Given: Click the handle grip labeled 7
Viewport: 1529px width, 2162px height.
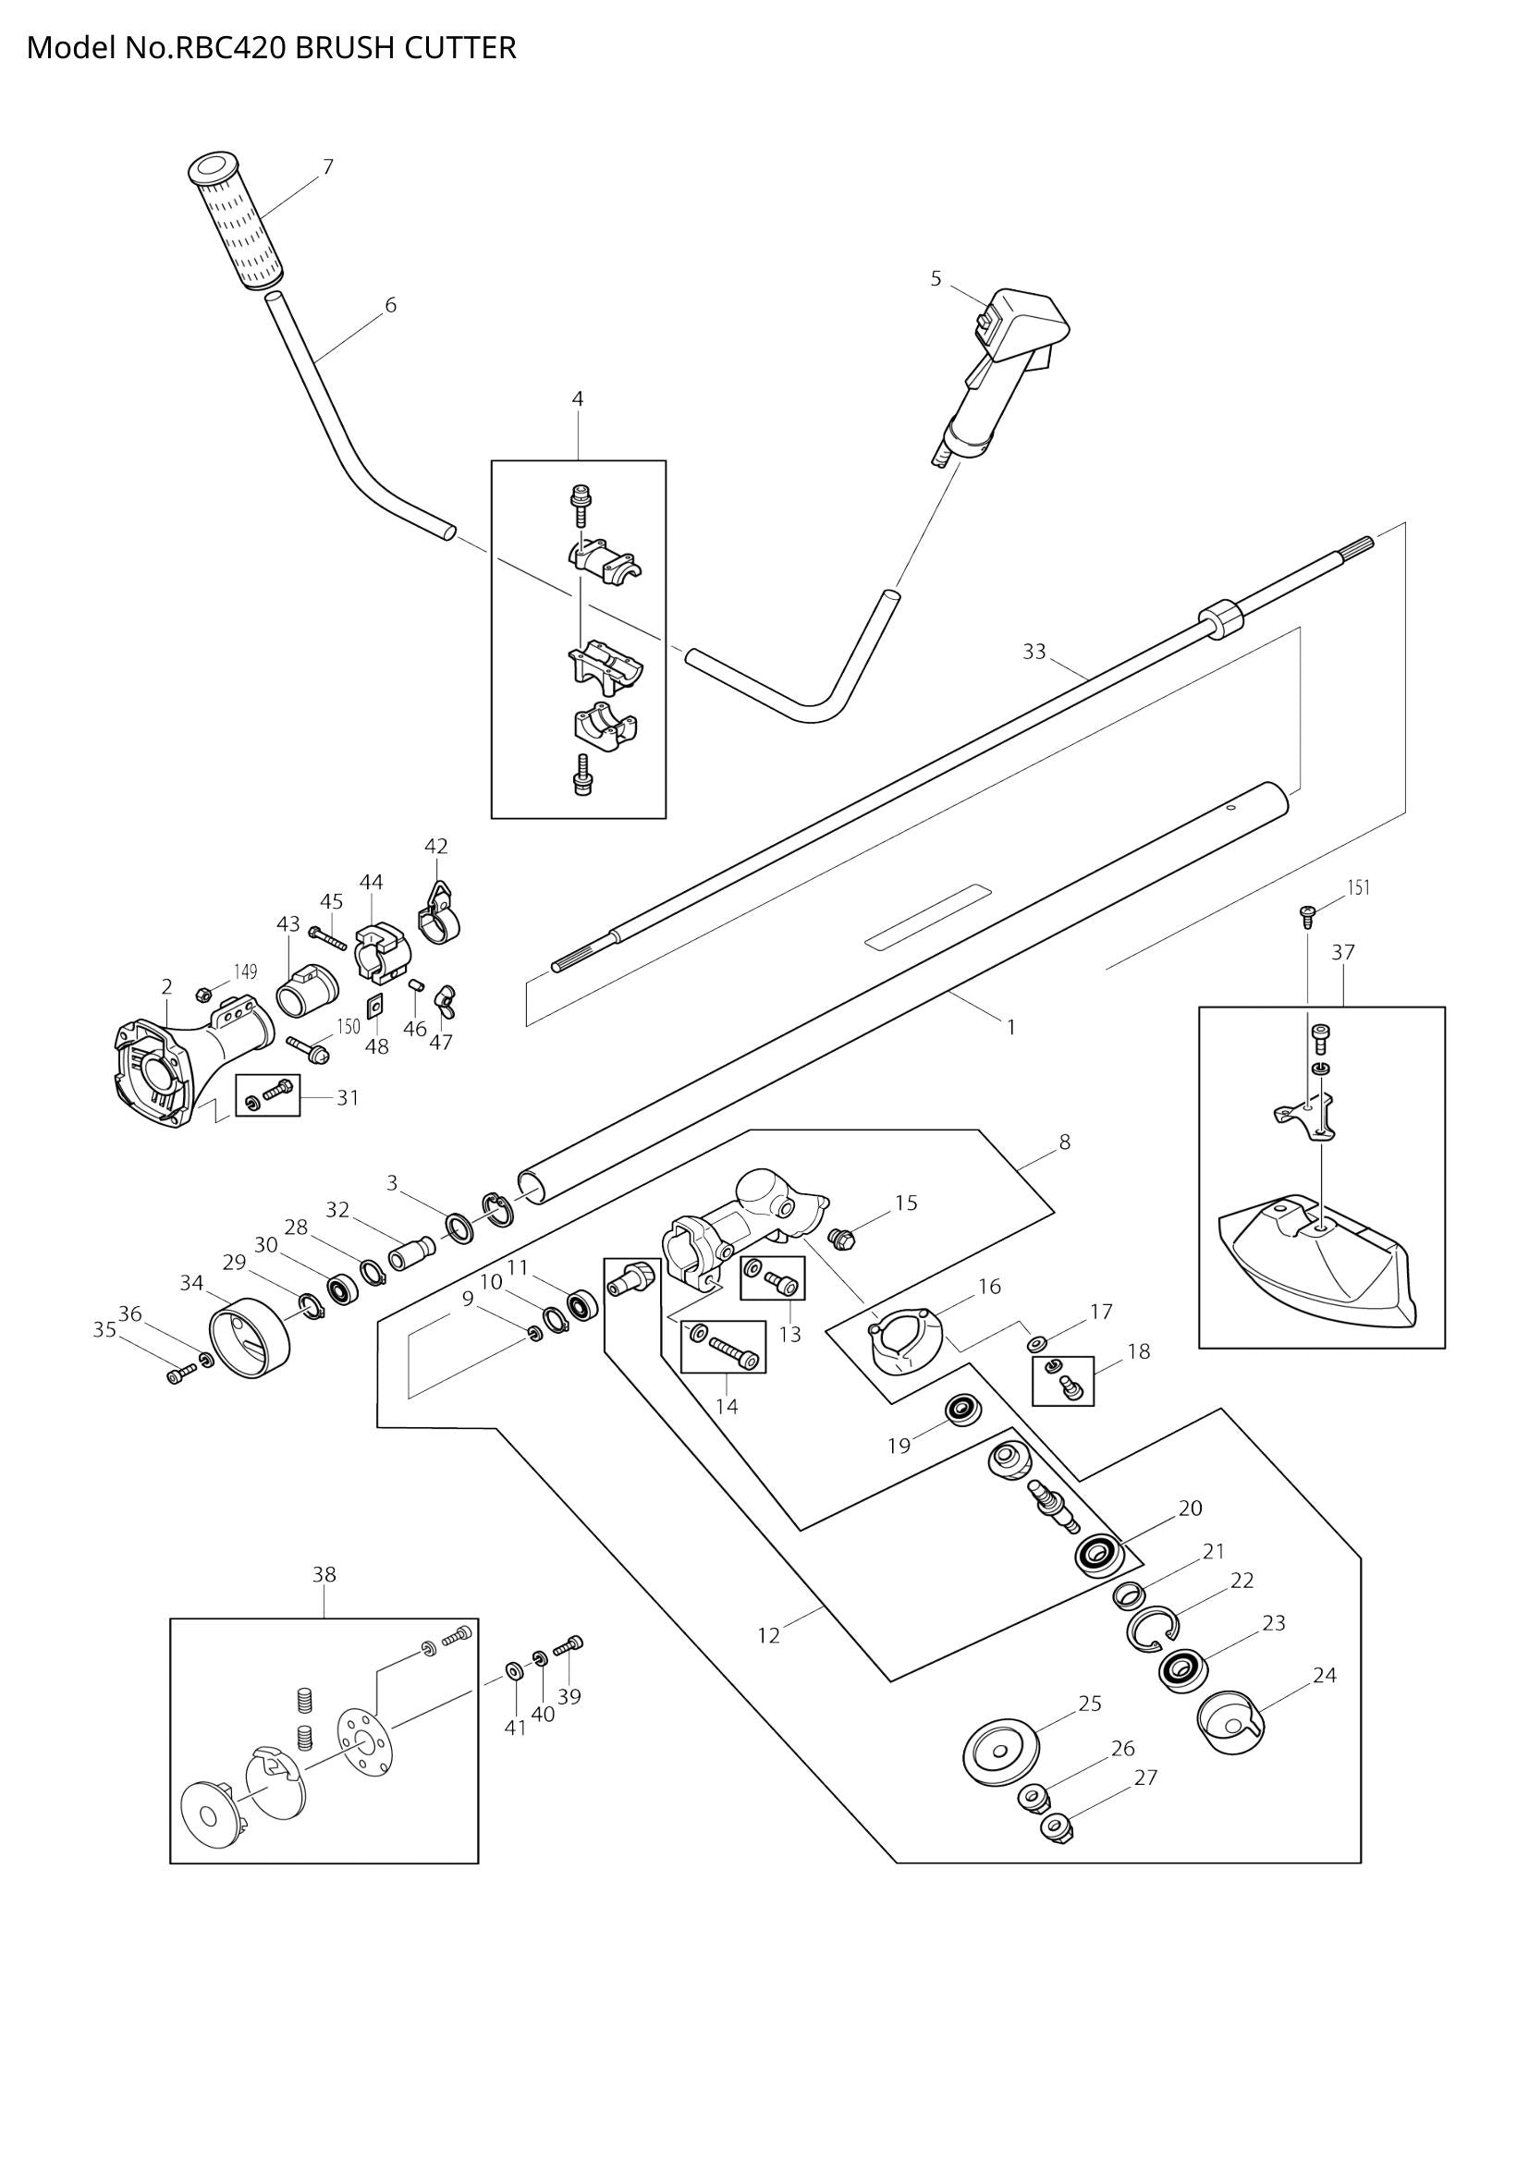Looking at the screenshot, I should coord(237,222).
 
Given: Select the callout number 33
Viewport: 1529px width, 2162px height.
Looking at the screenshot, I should coord(1034,652).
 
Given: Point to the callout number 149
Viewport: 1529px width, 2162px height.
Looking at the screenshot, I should coord(245,971).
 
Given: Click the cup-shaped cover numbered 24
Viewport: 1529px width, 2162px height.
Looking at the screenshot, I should coord(1229,1725).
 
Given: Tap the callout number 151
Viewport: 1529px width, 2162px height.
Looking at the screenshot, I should coord(1359,887).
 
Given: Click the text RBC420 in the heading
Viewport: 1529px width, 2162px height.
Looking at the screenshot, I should coord(232,47).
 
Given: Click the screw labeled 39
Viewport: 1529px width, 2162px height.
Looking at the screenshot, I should coord(569,1643).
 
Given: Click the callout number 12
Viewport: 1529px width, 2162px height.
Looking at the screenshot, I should coord(768,1636).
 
